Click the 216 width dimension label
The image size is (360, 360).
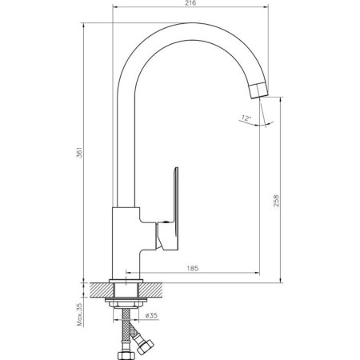point(190,3)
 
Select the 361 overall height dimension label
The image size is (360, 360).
point(80,152)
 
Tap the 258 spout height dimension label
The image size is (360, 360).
point(276,200)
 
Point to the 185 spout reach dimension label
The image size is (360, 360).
point(193,268)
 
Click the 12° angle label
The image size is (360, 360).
point(246,118)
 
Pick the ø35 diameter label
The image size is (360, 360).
point(152,315)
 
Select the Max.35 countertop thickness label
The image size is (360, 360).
point(80,314)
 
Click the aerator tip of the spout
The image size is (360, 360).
point(259,90)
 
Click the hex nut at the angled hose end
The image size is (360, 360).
point(145,346)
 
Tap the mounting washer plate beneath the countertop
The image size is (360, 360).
point(126,299)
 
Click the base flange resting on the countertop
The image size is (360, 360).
point(126,281)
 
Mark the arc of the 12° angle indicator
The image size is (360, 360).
point(257,124)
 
